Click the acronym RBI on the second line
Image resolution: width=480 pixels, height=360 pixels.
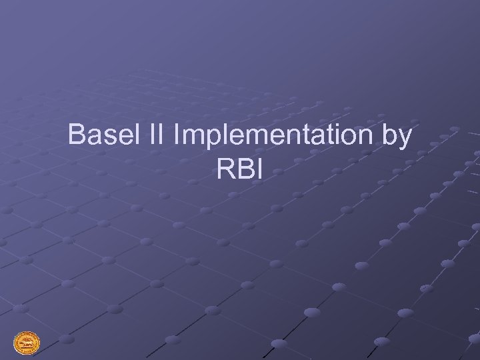(240, 170)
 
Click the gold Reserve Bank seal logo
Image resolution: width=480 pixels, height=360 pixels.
(27, 343)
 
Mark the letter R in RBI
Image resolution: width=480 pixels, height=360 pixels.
(226, 170)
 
